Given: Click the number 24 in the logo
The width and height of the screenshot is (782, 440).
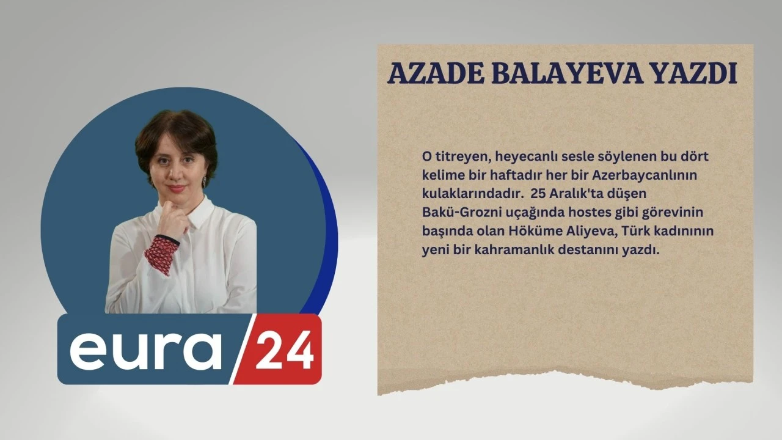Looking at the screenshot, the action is pyautogui.click(x=285, y=349).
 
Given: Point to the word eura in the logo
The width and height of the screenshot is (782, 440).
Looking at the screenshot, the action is pyautogui.click(x=146, y=351).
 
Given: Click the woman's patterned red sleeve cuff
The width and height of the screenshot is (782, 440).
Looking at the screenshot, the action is pyautogui.click(x=161, y=254).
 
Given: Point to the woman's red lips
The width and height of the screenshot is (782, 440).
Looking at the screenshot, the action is pyautogui.click(x=177, y=189).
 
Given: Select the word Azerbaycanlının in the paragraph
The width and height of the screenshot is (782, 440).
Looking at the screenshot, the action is pyautogui.click(x=645, y=175).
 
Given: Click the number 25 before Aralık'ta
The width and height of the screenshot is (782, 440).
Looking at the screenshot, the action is pyautogui.click(x=538, y=194).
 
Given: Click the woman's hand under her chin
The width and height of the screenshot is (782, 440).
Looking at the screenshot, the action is pyautogui.click(x=173, y=220).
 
